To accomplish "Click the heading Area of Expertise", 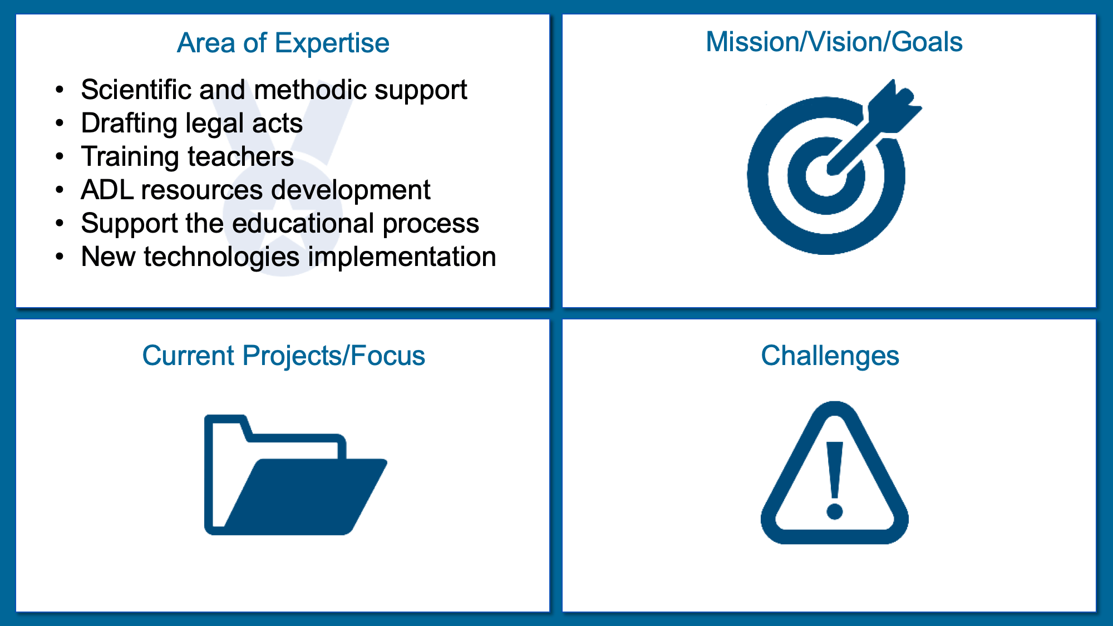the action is point(283,43).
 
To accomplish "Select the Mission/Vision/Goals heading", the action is point(834,42).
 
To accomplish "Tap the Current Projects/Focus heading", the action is point(283,356).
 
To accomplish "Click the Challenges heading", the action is point(830,356).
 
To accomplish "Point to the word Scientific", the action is point(135,90).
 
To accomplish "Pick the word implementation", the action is point(402,257).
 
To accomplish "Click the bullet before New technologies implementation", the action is point(60,257).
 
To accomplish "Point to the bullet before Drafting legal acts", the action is point(60,124).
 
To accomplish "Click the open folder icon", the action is point(296,475).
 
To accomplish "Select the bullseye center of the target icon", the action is point(826,176).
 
